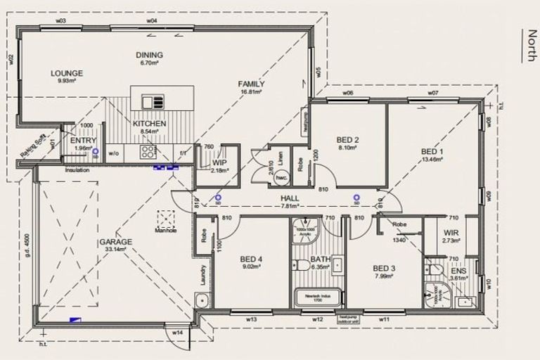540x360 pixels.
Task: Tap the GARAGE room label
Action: pos(116,242)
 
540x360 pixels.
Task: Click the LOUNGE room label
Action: pos(67,73)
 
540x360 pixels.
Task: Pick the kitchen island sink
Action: pos(153,102)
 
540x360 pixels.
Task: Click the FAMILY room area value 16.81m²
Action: pos(250,91)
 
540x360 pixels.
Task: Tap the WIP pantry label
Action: pos(219,162)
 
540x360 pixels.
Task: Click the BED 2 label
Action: pos(347,139)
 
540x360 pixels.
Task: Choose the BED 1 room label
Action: pos(432,151)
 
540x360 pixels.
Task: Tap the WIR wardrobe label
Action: pos(451,233)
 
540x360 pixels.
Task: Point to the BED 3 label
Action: pos(384,268)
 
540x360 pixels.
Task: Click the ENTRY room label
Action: pos(84,141)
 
